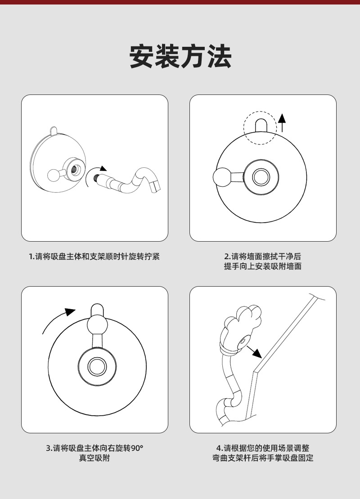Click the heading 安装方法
click(180, 56)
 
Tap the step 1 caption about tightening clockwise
click(94, 256)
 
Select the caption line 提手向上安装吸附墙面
click(263, 266)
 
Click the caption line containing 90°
click(94, 448)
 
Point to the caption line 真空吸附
click(94, 458)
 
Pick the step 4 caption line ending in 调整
click(263, 448)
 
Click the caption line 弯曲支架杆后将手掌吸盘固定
click(263, 458)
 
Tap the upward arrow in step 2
click(282, 123)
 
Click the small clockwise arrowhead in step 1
click(103, 168)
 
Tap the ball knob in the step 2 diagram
click(222, 177)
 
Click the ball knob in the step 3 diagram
click(97, 324)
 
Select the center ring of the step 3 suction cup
click(97, 366)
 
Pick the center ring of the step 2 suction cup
click(261, 177)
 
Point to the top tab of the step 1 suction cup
click(54, 130)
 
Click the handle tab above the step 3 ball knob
click(97, 310)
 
